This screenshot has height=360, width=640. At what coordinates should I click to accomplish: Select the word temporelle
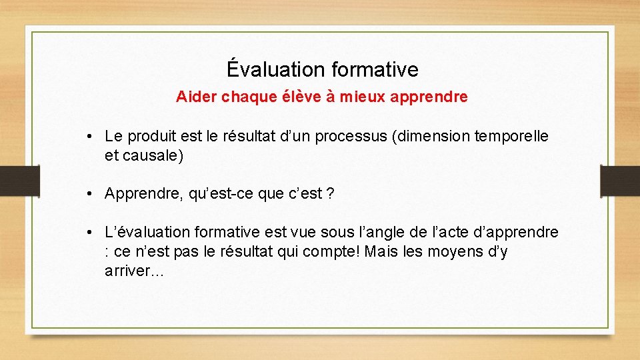(x=511, y=137)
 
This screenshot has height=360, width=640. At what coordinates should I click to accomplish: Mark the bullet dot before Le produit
(x=89, y=137)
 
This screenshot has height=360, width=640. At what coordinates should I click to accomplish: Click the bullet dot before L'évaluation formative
(x=89, y=233)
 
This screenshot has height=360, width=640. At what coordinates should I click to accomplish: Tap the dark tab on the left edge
(x=18, y=180)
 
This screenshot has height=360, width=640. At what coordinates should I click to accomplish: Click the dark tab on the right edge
(x=621, y=180)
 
